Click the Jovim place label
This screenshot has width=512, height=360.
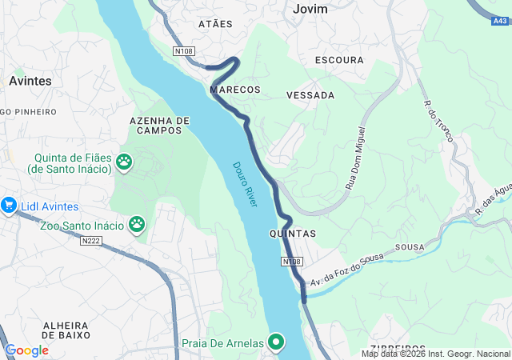(x=311, y=9)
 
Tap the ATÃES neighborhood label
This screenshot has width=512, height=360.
(x=214, y=24)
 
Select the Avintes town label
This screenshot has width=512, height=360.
(x=30, y=81)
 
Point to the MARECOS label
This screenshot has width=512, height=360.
(x=234, y=90)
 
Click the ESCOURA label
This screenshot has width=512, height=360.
(x=339, y=60)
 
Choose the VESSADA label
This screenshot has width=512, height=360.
(x=310, y=95)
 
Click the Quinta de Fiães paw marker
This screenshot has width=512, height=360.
(x=124, y=162)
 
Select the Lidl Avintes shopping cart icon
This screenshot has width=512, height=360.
(x=9, y=205)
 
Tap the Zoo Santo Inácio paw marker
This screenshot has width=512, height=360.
(x=137, y=225)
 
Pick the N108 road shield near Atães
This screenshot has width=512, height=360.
(x=184, y=51)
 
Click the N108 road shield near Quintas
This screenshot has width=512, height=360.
(x=292, y=262)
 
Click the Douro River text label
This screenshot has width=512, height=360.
(x=246, y=185)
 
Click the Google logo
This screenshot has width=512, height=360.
(x=26, y=350)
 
